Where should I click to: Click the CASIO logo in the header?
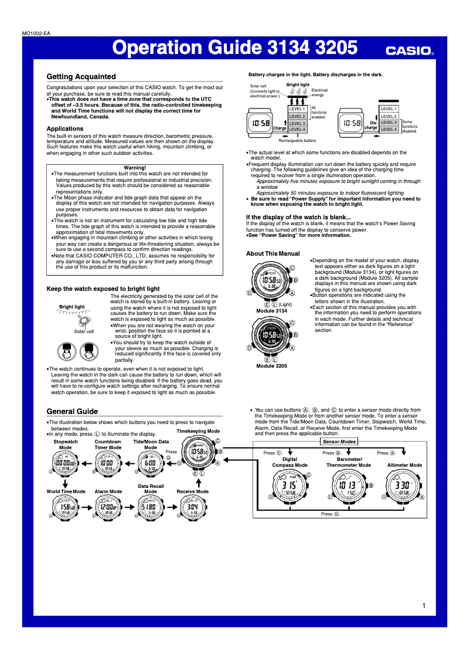tap(409, 51)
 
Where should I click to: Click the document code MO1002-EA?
tap(35, 34)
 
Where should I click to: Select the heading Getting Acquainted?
tap(81, 77)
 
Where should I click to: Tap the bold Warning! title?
tap(135, 168)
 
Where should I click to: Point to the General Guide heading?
tap(72, 412)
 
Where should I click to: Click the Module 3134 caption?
tap(271, 310)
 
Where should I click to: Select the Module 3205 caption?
tap(271, 365)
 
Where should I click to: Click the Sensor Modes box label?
tap(339, 441)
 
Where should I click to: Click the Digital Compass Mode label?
tap(290, 462)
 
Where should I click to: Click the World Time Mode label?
tap(66, 491)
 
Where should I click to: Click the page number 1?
tap(423, 605)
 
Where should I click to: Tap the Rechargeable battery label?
tap(297, 141)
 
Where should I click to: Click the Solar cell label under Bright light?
tap(84, 331)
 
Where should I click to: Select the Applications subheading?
tap(65, 128)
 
